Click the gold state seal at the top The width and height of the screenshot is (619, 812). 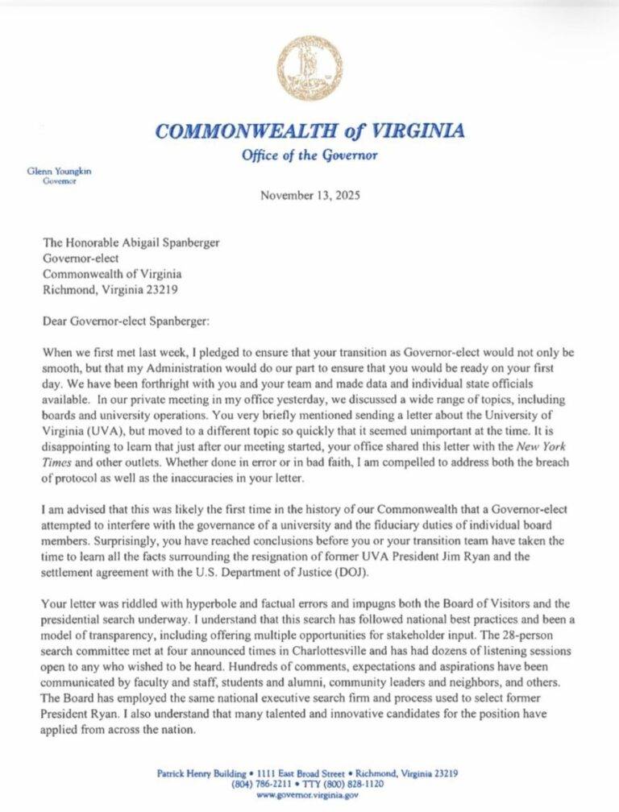[x=309, y=68]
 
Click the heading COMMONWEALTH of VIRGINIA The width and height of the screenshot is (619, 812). [x=309, y=131]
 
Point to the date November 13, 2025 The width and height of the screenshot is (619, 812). [x=309, y=195]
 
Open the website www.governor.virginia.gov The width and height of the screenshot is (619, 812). [x=309, y=794]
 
